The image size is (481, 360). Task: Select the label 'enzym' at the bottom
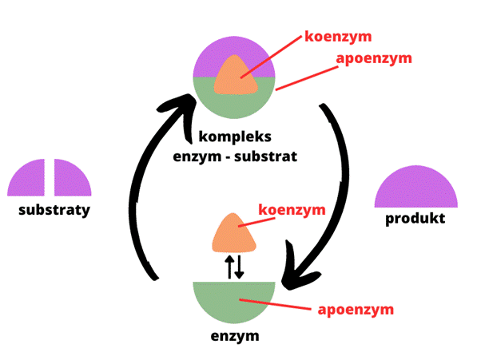[235, 335]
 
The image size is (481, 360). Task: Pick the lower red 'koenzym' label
[292, 210]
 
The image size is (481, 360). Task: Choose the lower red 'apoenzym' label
[356, 308]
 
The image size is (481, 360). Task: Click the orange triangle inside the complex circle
[235, 77]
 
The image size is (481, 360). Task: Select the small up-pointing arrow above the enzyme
[229, 267]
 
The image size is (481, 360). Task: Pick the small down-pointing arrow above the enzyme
[240, 267]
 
